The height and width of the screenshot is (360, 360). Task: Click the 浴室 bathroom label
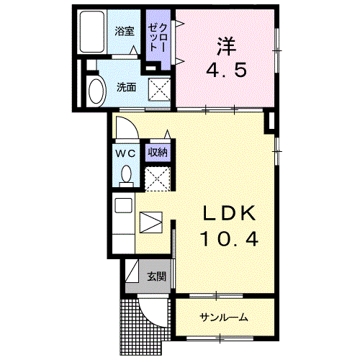click(124, 31)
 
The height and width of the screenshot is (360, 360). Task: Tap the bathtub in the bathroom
click(92, 32)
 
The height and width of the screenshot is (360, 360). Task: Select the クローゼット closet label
click(158, 37)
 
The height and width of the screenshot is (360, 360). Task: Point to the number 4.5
click(227, 70)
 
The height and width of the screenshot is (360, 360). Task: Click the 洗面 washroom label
click(126, 87)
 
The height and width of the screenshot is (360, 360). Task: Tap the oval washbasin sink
click(97, 91)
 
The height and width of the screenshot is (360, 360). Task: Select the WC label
click(125, 153)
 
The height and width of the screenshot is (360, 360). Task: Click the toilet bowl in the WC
click(126, 174)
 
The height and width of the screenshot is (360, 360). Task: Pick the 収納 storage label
click(158, 153)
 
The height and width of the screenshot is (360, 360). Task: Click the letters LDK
click(229, 213)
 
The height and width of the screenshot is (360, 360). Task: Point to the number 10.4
click(230, 239)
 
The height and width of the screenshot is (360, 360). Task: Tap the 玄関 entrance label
click(156, 276)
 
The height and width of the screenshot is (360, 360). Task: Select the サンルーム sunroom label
click(224, 318)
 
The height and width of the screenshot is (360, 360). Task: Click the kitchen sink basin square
click(124, 205)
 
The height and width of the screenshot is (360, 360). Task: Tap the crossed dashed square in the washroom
click(159, 90)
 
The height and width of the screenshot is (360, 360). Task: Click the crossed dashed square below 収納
click(158, 179)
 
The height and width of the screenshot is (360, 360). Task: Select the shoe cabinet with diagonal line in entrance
click(132, 271)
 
